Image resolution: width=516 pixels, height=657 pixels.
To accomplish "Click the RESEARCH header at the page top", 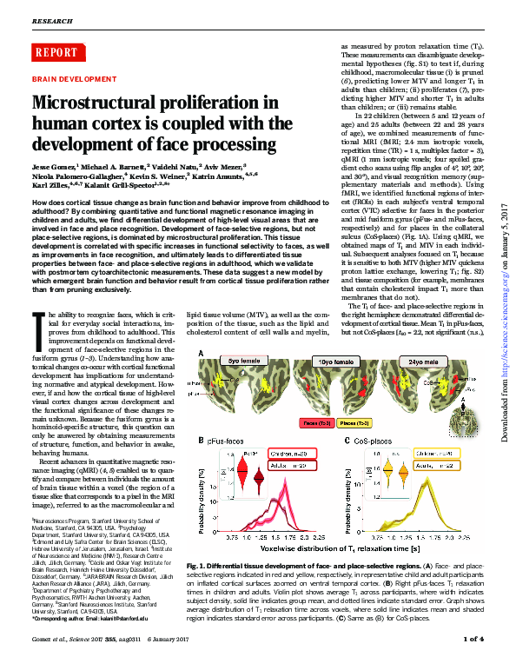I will (x=52, y=19).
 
